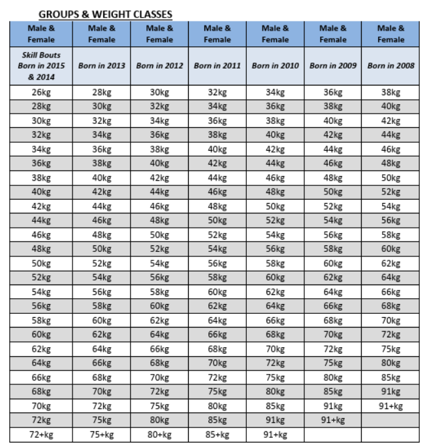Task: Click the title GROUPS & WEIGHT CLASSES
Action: click(104, 14)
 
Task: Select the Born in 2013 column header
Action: click(101, 66)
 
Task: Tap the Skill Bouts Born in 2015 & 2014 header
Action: click(41, 66)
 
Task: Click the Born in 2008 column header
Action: click(390, 66)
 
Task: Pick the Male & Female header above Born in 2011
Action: click(217, 34)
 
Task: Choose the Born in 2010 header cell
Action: click(275, 66)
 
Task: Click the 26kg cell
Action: click(41, 92)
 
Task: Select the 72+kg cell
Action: click(41, 435)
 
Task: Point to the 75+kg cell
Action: click(101, 435)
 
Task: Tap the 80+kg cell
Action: click(159, 435)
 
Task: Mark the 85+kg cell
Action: click(217, 435)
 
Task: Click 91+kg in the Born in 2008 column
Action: click(390, 406)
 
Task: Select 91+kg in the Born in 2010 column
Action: click(275, 435)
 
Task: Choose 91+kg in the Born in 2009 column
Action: click(333, 420)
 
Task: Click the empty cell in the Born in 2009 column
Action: click(333, 435)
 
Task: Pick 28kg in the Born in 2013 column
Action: click(101, 92)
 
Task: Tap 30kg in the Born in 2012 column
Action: click(159, 92)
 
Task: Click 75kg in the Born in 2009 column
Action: click(333, 363)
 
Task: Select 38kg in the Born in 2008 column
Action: click(390, 92)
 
